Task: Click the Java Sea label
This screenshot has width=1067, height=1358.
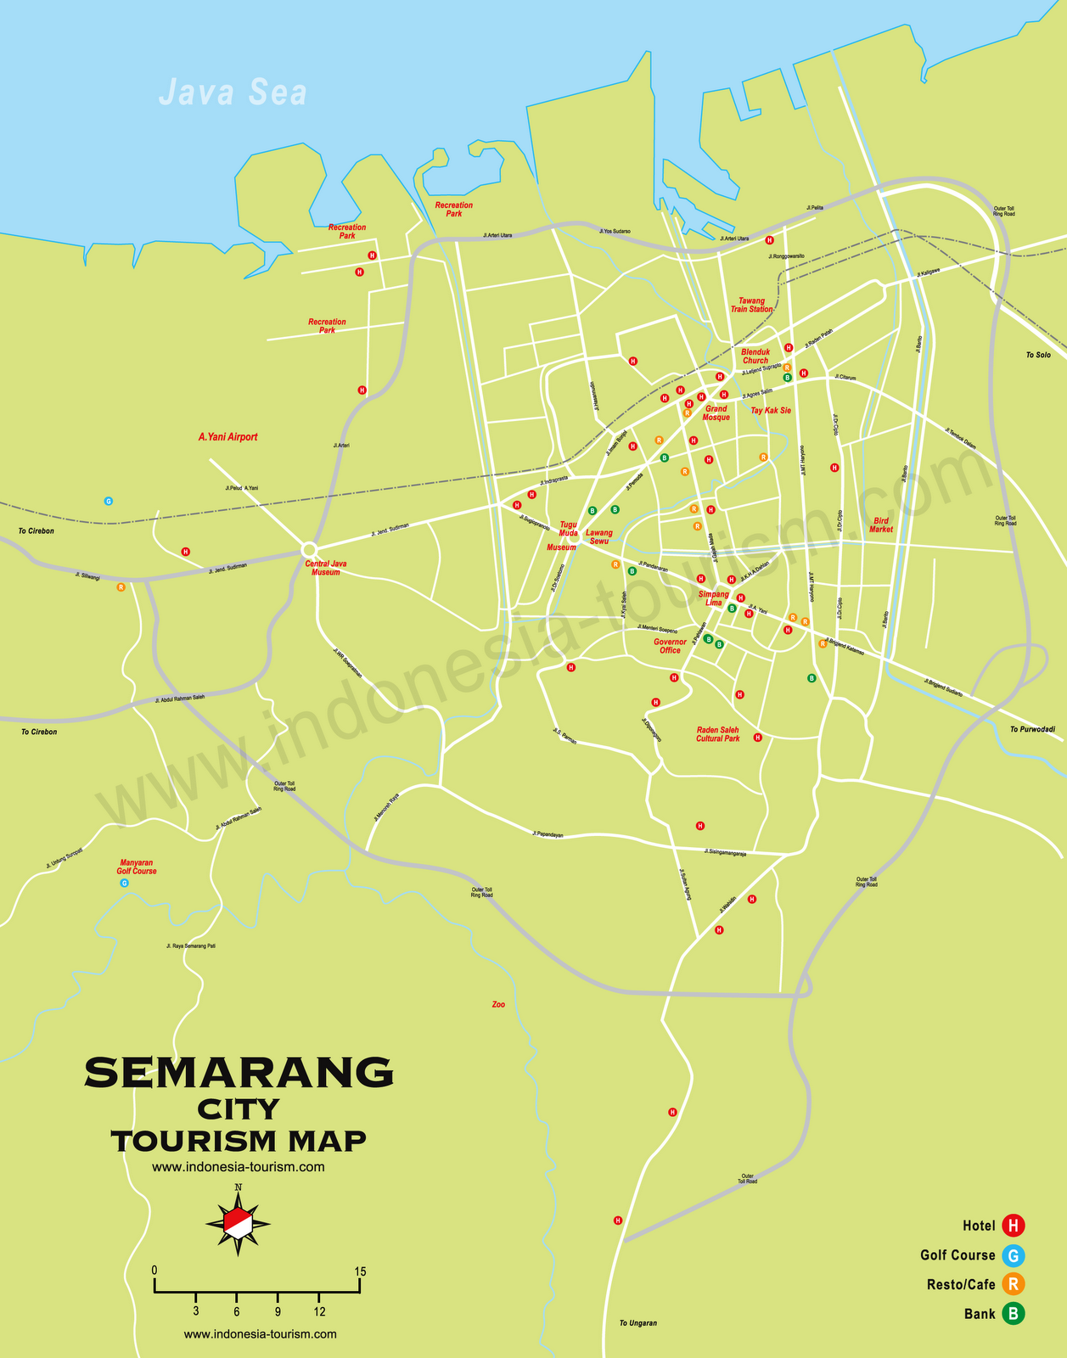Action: click(x=233, y=93)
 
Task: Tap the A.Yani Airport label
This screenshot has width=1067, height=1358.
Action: click(x=227, y=437)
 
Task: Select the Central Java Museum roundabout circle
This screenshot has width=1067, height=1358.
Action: click(x=309, y=549)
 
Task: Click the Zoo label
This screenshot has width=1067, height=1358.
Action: click(x=498, y=1005)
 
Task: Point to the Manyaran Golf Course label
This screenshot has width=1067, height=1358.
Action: click(x=137, y=867)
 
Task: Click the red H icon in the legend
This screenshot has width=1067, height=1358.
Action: click(x=1013, y=1226)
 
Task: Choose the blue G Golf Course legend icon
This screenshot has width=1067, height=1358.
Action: click(x=1013, y=1255)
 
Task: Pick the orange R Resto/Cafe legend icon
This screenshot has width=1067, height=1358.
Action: click(x=1013, y=1284)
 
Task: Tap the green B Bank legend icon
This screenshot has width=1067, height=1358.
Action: click(x=1013, y=1314)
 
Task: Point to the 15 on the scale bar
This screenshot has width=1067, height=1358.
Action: click(x=361, y=1271)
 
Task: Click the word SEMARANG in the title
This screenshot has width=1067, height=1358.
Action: click(x=239, y=1073)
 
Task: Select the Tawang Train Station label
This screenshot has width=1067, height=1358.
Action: click(x=751, y=305)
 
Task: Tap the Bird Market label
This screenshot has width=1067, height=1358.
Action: click(x=881, y=525)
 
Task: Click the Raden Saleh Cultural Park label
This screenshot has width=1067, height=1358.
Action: click(x=718, y=734)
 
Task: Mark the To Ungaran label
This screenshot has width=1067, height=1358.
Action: click(x=637, y=1323)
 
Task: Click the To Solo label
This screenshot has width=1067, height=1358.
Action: click(x=1037, y=355)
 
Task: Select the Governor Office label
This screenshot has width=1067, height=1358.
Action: click(x=670, y=646)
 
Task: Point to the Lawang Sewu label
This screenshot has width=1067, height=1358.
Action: click(x=599, y=537)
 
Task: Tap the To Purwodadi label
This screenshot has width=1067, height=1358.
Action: click(x=1032, y=730)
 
